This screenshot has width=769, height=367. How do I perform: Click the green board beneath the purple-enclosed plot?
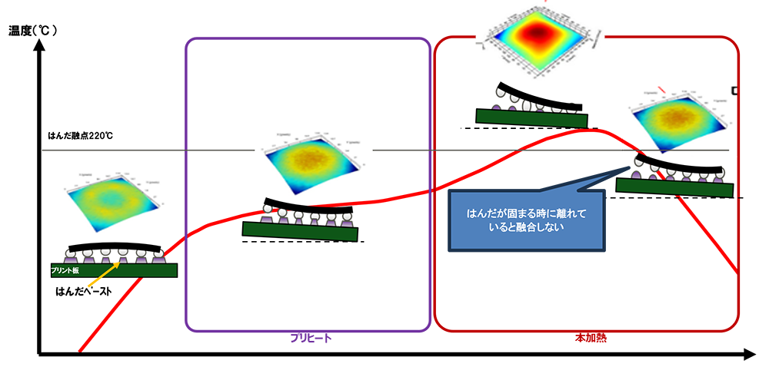point(300,231)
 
